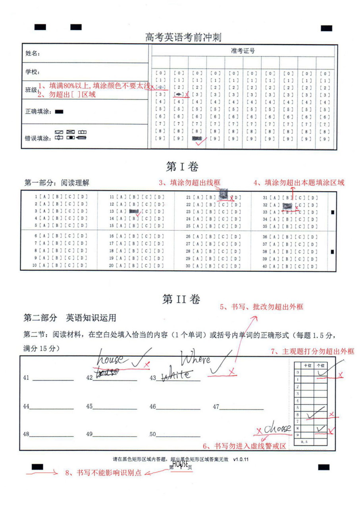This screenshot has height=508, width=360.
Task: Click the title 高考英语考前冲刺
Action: click(183, 38)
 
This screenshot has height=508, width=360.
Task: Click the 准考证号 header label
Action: click(243, 51)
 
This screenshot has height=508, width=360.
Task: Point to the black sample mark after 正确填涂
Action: click(60, 112)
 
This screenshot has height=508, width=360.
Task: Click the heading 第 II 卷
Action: click(181, 299)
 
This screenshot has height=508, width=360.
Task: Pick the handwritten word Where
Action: click(196, 360)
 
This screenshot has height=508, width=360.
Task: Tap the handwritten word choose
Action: click(278, 429)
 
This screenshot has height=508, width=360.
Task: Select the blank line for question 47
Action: click(241, 408)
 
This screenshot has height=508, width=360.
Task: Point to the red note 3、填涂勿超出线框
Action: click(189, 183)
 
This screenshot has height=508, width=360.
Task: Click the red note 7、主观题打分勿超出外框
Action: click(312, 351)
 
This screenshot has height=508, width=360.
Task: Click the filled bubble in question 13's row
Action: click(134, 211)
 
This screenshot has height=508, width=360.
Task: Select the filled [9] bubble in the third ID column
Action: click(197, 139)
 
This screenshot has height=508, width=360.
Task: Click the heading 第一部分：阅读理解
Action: click(57, 183)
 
